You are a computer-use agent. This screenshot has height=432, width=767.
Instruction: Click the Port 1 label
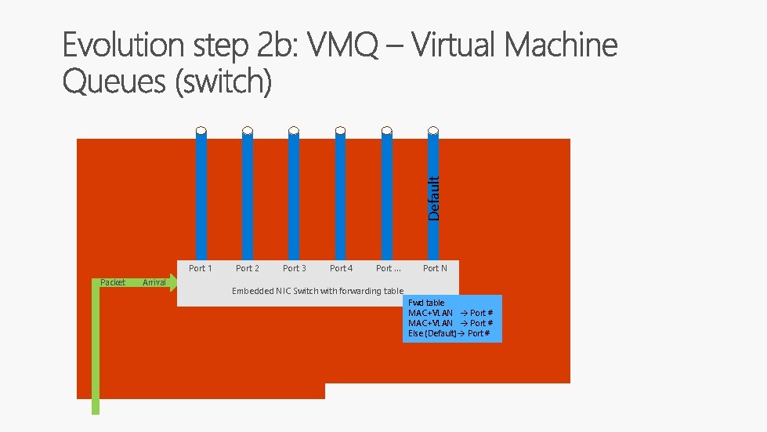pos(201,268)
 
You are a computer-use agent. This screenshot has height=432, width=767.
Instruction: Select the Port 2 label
pos(248,268)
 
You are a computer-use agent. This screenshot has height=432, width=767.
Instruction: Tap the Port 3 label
pos(295,268)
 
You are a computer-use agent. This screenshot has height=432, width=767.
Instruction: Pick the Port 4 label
pos(341,268)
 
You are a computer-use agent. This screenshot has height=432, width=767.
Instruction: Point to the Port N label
pos(435,268)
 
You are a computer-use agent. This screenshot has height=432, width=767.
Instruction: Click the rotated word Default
pos(434,187)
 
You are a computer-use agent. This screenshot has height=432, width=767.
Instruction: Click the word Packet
pos(113,282)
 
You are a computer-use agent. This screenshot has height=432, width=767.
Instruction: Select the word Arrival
pos(154,282)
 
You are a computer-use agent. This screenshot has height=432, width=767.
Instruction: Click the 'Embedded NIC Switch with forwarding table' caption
pos(317,291)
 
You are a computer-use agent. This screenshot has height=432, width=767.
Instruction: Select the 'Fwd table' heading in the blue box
pos(426,303)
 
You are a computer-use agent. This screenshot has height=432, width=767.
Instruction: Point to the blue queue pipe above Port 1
pos(201,196)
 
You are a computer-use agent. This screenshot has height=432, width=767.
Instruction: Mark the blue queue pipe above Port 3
pos(294,196)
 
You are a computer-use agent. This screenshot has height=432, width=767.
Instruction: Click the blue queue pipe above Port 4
pos(340,196)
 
